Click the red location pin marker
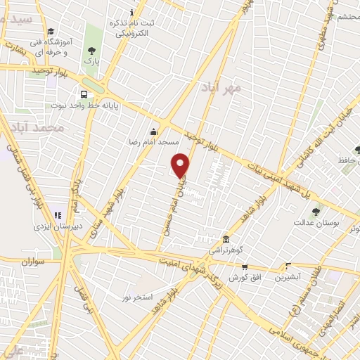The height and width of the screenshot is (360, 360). (x=181, y=165)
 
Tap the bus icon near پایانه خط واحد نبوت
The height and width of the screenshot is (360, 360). (x=84, y=94)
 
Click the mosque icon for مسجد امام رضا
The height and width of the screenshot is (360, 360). (x=153, y=131)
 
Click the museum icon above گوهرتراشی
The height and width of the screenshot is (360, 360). (x=224, y=239)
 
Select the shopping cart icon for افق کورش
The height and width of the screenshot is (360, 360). (x=244, y=266)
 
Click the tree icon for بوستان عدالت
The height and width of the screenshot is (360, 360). (x=316, y=211)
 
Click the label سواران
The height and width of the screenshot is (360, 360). (x=32, y=262)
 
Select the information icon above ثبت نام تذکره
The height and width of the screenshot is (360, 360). (x=131, y=12)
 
